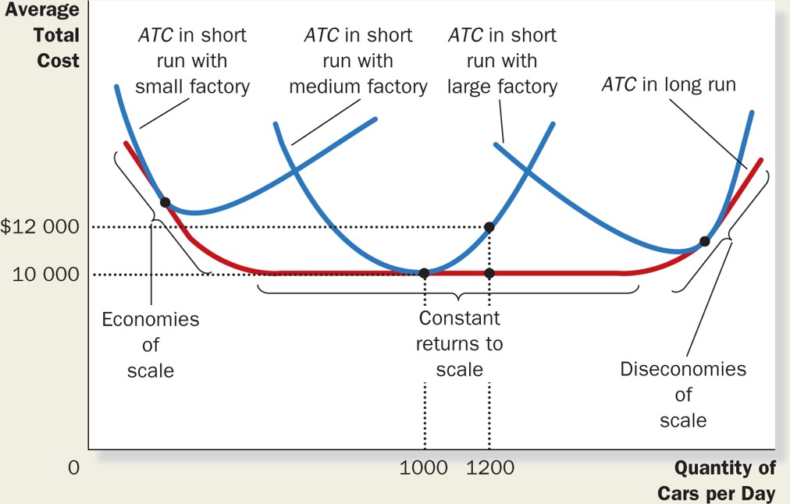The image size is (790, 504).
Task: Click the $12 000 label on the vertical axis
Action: (x=40, y=227)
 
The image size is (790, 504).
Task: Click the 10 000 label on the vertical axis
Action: (x=46, y=274)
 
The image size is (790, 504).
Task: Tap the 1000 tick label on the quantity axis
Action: (x=424, y=468)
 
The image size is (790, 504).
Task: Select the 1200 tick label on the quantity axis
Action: (x=489, y=468)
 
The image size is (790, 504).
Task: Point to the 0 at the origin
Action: (x=74, y=468)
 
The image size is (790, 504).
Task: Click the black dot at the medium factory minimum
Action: (x=424, y=273)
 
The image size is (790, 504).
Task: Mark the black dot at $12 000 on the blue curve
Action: (x=489, y=227)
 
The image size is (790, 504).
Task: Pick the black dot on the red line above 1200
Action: (x=489, y=273)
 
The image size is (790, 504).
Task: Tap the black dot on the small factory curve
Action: (x=165, y=202)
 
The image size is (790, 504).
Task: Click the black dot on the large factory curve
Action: (x=704, y=241)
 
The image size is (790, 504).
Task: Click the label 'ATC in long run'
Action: (x=668, y=84)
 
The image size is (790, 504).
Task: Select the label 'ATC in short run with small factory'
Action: (x=192, y=60)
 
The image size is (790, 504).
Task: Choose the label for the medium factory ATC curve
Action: (x=358, y=60)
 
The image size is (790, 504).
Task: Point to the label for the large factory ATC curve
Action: (x=502, y=60)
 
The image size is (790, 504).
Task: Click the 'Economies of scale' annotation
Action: (x=151, y=344)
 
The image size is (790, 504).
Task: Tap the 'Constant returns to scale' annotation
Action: (x=459, y=343)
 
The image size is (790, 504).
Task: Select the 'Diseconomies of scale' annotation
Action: (x=683, y=394)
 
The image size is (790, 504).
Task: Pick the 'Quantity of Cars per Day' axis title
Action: (x=717, y=481)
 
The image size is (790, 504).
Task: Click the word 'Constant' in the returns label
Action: (x=459, y=318)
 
